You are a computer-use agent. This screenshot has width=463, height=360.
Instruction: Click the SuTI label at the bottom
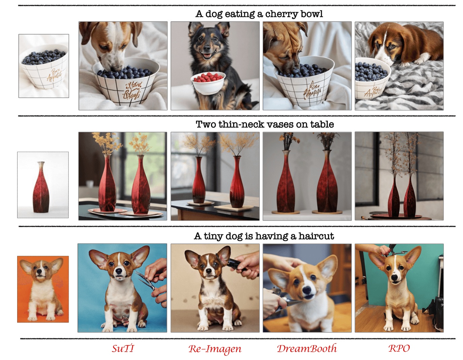click(123, 348)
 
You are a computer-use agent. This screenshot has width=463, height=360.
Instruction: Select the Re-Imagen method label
click(215, 349)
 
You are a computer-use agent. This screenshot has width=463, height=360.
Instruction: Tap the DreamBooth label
click(307, 349)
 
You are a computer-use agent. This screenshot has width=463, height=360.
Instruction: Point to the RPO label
click(399, 348)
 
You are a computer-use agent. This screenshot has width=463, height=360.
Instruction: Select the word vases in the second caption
click(280, 124)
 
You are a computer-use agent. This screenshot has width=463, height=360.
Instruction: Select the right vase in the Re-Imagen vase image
click(237, 183)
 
